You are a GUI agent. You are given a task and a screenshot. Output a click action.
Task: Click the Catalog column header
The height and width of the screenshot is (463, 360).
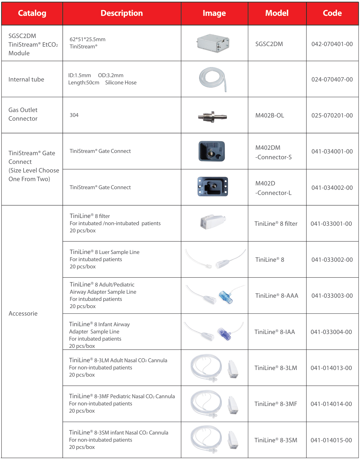click(x=32, y=13)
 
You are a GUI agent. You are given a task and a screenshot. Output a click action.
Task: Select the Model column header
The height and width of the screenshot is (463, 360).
click(x=277, y=13)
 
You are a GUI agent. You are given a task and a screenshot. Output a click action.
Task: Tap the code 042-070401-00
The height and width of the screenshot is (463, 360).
click(x=332, y=44)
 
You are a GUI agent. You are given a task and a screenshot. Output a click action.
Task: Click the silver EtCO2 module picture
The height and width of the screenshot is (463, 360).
click(x=213, y=43)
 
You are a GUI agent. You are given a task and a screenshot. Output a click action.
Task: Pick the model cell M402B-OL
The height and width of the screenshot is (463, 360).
click(x=270, y=115)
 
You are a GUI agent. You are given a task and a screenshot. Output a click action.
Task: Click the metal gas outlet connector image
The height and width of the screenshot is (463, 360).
click(x=212, y=117)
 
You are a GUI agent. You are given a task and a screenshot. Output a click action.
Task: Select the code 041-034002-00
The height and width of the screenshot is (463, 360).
click(x=332, y=188)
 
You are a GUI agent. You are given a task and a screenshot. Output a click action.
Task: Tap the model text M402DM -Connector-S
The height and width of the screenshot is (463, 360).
click(x=273, y=152)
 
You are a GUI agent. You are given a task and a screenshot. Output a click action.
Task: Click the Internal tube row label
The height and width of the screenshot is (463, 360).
click(x=26, y=79)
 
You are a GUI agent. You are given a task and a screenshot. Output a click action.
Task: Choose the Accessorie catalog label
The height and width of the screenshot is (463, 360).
click(x=23, y=314)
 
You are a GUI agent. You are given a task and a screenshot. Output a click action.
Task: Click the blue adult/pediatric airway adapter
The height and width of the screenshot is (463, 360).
click(x=226, y=297)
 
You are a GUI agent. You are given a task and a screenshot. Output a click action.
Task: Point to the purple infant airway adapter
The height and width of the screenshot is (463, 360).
click(x=224, y=334)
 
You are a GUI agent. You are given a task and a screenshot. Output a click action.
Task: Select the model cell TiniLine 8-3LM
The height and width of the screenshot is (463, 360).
click(x=276, y=368)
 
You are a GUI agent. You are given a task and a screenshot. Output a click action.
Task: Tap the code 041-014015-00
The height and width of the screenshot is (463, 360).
click(x=331, y=440)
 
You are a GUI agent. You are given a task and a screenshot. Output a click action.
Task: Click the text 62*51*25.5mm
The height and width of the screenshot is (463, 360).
click(x=87, y=39)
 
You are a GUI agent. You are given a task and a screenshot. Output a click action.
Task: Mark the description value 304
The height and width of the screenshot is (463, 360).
click(x=74, y=115)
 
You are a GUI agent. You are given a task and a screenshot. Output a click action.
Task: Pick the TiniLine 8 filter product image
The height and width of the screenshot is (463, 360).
click(x=213, y=222)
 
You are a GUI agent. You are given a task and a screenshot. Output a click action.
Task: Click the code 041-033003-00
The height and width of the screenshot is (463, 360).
click(x=332, y=296)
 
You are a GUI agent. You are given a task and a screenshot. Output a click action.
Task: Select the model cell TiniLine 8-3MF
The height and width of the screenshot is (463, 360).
click(x=276, y=404)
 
